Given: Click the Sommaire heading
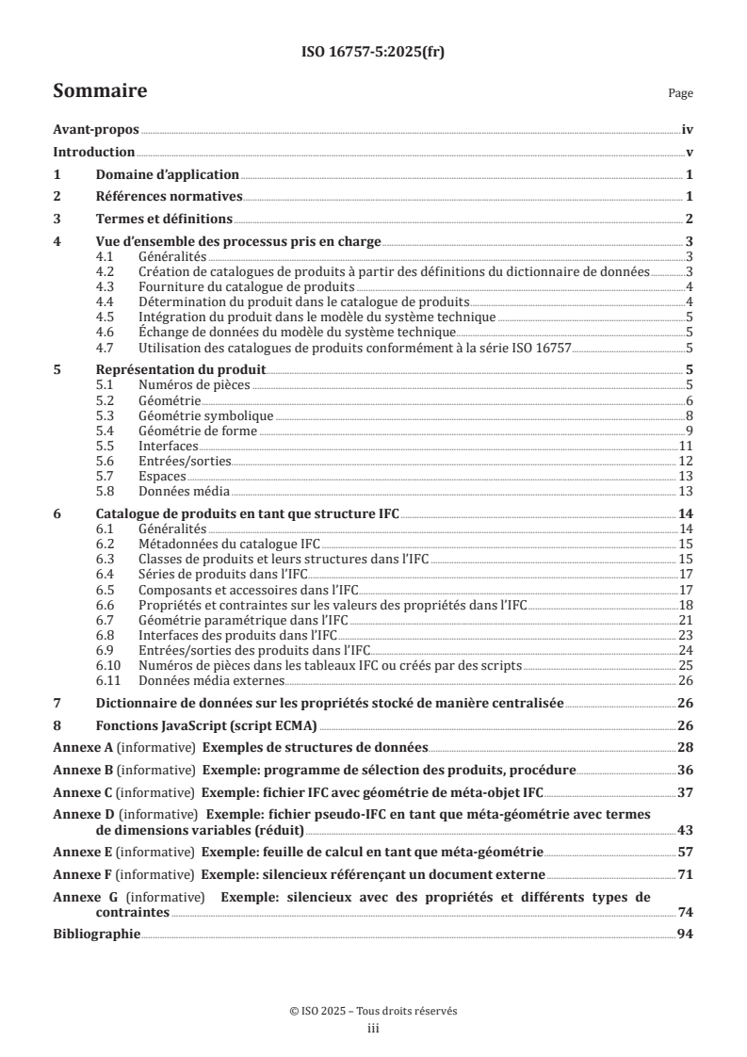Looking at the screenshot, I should [100, 91].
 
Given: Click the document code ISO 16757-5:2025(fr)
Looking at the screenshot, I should [373, 53].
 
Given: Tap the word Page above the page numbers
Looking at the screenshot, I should [680, 93].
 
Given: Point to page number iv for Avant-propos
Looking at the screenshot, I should [688, 132].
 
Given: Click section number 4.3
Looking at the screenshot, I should [107, 286].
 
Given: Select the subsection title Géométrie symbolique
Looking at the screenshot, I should [192, 415].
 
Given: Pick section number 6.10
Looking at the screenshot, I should [110, 666].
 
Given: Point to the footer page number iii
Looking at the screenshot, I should [373, 1029].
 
